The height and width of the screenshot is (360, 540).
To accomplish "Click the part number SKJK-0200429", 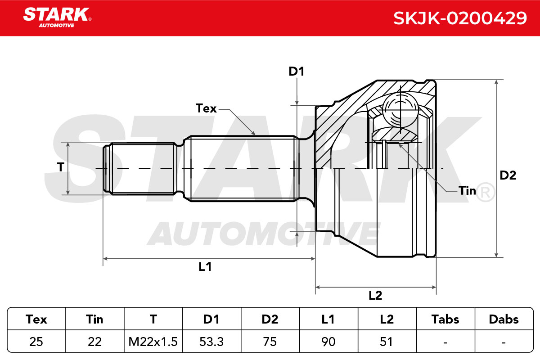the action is (x=460, y=18).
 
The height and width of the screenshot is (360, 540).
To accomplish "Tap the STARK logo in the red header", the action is (x=58, y=18).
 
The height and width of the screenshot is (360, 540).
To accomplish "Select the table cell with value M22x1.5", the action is (x=153, y=342).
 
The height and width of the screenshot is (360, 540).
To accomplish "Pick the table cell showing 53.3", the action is (x=211, y=342).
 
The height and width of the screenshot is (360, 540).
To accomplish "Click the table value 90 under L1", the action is (x=328, y=342).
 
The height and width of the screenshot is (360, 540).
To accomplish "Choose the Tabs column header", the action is (x=445, y=319).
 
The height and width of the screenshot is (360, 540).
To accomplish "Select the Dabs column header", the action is (x=504, y=319).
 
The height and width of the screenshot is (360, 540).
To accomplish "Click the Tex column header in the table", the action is (x=36, y=319).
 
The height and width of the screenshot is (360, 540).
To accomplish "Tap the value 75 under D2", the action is (x=270, y=342).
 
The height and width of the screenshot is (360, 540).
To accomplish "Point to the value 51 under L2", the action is (x=387, y=342).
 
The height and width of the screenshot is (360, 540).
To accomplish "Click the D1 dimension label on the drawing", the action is (x=297, y=72).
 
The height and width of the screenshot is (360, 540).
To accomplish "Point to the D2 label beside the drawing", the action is (x=508, y=175).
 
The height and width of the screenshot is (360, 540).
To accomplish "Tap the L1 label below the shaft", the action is (x=205, y=267).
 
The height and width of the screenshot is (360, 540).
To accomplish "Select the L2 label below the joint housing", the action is (x=375, y=295).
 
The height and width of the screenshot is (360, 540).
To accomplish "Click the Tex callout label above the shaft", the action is (x=206, y=108).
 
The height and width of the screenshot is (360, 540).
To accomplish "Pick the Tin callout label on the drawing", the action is (x=467, y=191).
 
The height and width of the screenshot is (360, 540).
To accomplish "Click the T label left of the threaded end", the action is (x=61, y=167).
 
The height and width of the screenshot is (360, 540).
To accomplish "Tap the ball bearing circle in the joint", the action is (x=400, y=110).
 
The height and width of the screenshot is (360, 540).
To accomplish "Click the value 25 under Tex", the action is (x=36, y=342).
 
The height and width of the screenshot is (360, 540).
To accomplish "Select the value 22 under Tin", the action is (x=94, y=342).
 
